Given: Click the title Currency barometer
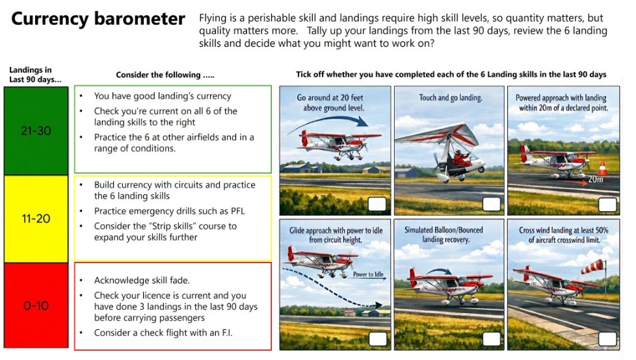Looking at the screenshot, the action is [98, 19].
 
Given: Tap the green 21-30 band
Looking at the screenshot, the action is [36, 131].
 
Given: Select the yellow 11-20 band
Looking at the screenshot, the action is [36, 219].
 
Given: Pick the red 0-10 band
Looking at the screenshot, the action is [36, 305].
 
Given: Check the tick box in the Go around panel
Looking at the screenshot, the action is [377, 204].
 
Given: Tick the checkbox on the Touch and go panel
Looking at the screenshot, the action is [491, 204].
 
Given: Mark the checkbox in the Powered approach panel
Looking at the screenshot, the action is [607, 204].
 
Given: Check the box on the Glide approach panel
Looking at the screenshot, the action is [377, 339].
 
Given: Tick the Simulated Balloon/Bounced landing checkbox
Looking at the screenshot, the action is [491, 339].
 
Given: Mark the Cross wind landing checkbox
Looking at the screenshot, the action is [607, 339].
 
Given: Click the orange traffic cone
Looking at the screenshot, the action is [602, 168].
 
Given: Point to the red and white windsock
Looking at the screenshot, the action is [592, 266].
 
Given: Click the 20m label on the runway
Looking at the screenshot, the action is [595, 179].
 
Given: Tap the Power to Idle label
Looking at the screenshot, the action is [368, 274].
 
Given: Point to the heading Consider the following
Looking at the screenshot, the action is [165, 75].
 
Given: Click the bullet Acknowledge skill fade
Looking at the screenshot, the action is [142, 281].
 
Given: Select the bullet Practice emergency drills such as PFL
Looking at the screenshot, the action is [170, 211].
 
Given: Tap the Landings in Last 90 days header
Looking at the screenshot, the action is [35, 75].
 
